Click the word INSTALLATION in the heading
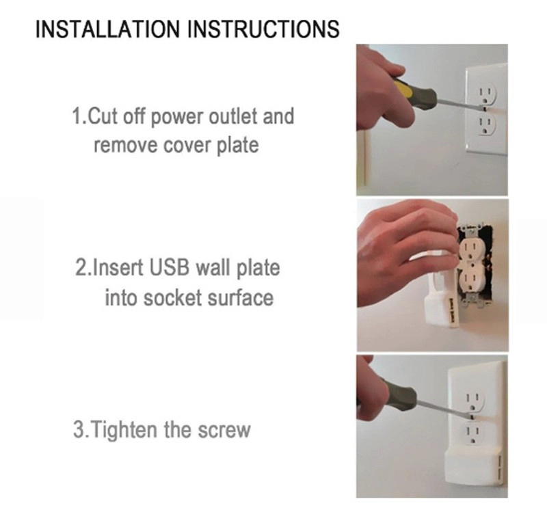(x=109, y=29)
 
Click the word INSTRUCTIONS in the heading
(x=264, y=29)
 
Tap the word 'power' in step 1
(x=177, y=117)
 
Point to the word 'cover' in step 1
(x=187, y=146)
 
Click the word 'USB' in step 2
(x=169, y=267)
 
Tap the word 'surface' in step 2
(x=240, y=298)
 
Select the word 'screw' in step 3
(x=224, y=430)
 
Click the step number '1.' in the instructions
(x=79, y=116)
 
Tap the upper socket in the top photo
(x=485, y=94)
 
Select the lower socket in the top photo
(x=486, y=124)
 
